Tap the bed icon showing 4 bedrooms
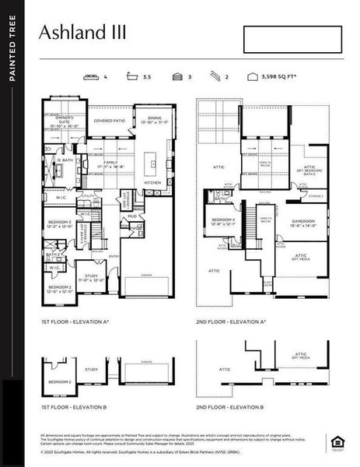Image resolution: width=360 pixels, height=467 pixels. click(x=93, y=77)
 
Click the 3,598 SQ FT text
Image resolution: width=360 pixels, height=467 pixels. click(x=277, y=78)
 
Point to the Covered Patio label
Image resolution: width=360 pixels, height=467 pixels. click(x=109, y=121)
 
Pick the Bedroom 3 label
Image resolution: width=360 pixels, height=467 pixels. click(x=60, y=225)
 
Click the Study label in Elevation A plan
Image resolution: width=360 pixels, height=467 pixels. click(x=91, y=277)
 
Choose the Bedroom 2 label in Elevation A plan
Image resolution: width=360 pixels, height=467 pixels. click(x=60, y=290)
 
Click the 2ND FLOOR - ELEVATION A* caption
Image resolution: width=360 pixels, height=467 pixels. click(x=230, y=320)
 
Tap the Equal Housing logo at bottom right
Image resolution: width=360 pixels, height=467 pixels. click(x=337, y=443)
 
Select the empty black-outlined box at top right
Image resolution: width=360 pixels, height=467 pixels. click(x=292, y=40)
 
